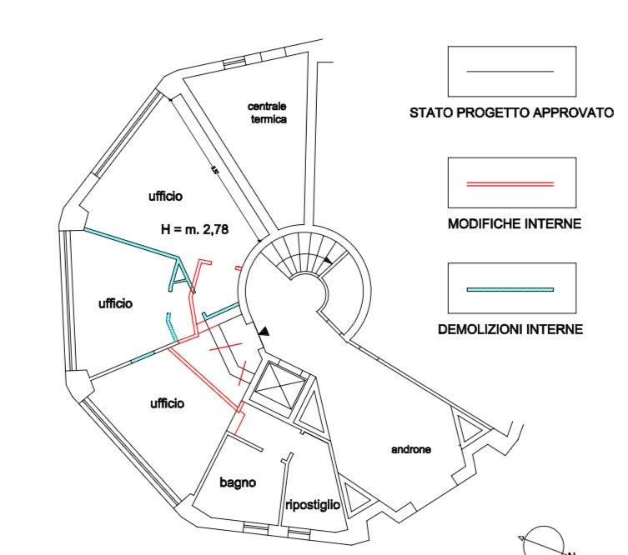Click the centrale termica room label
268,112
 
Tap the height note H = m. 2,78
193,228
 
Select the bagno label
238,482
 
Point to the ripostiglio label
312,504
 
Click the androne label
411,450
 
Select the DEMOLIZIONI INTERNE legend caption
510,330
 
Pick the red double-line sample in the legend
510,182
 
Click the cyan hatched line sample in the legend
510,288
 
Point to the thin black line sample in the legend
510,72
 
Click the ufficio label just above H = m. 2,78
165,196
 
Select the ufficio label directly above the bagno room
167,403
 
